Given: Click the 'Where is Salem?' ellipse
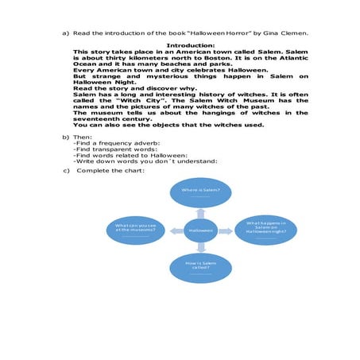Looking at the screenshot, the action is coord(200,194).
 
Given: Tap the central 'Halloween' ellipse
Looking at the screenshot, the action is coord(200,230).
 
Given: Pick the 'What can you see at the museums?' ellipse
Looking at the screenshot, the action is coord(137,229).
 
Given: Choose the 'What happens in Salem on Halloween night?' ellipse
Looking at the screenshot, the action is coord(266,229).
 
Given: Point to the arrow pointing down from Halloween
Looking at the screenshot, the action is coord(200,246).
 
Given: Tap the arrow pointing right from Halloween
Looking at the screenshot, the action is coord(226,230).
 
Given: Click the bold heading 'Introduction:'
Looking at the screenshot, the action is coord(191,45).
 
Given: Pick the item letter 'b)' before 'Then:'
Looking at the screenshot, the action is coord(67,137).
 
